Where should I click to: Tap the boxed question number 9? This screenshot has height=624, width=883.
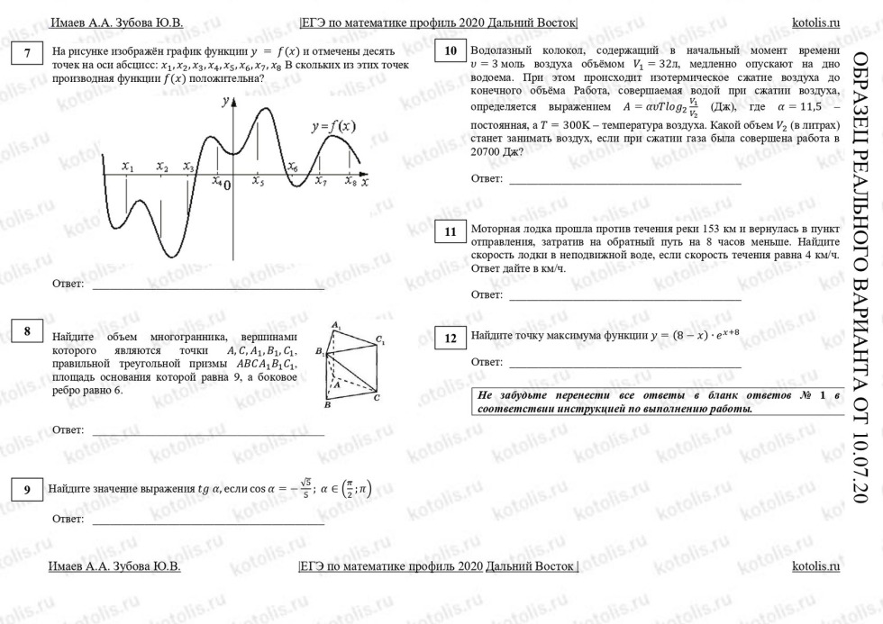click(28, 489)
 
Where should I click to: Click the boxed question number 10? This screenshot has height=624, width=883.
click(450, 50)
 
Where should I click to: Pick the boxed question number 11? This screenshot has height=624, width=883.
click(450, 231)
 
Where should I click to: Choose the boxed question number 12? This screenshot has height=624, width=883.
click(450, 339)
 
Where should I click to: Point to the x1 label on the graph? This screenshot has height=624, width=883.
click(128, 167)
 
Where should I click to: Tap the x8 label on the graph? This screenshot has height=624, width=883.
click(350, 181)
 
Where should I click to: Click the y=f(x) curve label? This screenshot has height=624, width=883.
click(332, 127)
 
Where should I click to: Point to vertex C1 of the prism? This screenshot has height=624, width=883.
click(380, 340)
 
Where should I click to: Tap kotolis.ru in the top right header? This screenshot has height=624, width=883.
click(815, 22)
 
